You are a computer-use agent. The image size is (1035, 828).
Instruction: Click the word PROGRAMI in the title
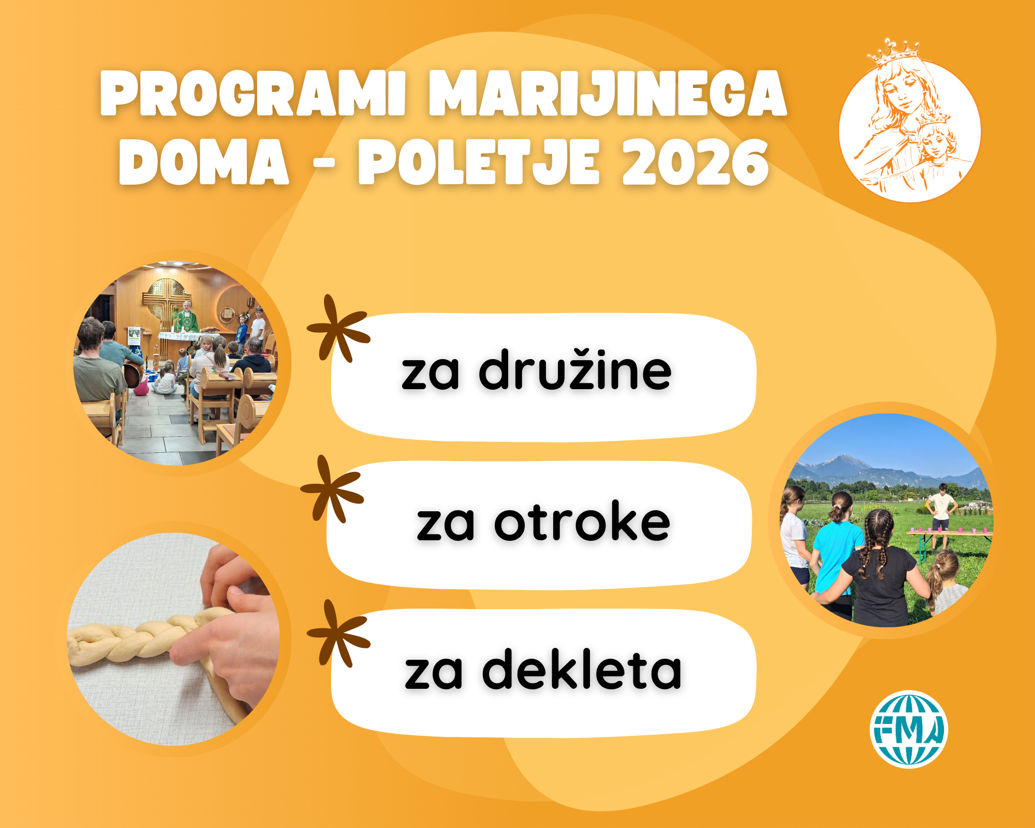click(253, 93)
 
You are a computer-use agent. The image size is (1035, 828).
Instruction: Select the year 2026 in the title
click(696, 162)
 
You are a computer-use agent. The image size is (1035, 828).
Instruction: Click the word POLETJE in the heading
click(479, 162)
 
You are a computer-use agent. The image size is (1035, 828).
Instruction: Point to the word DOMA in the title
click(204, 162)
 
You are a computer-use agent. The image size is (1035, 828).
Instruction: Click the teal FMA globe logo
click(909, 729)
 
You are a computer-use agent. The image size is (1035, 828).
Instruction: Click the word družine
click(575, 369)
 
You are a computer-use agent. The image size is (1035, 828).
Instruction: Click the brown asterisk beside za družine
click(339, 328)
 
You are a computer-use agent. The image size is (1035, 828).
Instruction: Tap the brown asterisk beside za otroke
click(332, 489)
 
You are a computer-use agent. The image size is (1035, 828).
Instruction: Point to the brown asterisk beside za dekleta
click(339, 633)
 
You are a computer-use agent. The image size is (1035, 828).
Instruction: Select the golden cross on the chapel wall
click(164, 300)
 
